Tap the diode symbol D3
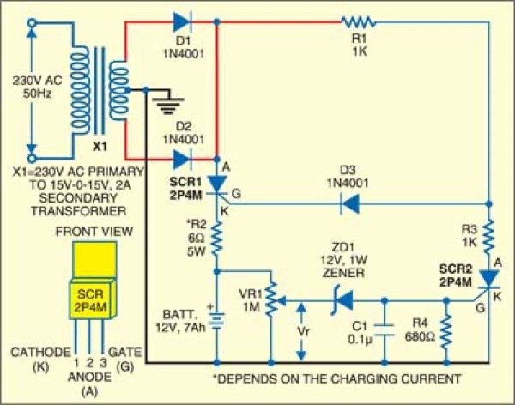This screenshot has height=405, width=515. click(347, 204)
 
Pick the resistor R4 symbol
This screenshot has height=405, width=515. click(446, 334)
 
